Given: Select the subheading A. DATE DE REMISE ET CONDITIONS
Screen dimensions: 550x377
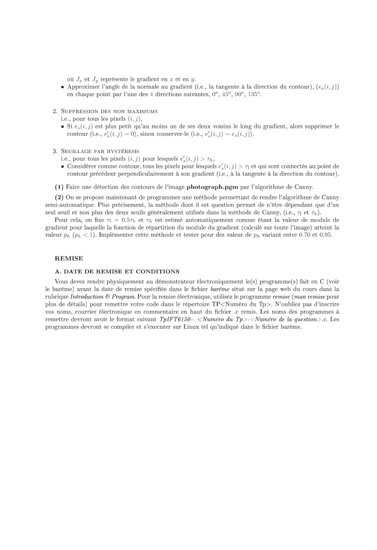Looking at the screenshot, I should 117,271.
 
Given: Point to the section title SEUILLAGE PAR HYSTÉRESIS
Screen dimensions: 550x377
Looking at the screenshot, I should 101,151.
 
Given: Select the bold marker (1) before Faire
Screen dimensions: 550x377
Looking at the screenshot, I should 59,186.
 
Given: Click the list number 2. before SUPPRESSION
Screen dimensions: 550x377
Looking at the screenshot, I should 55,111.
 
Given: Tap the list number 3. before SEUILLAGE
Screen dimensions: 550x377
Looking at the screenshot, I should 55,151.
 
